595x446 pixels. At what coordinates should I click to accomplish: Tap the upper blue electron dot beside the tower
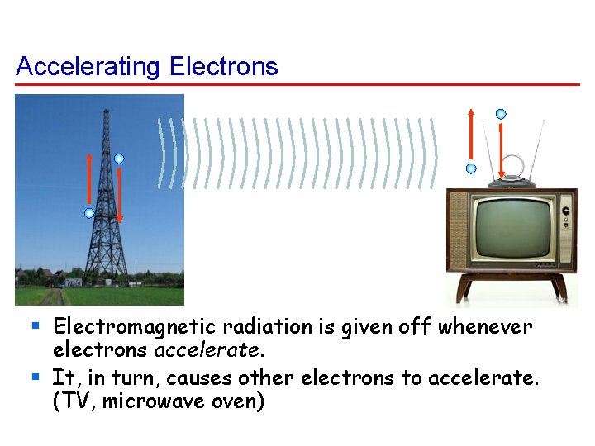pyautogui.click(x=119, y=159)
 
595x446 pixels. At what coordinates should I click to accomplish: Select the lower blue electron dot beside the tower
pyautogui.click(x=89, y=213)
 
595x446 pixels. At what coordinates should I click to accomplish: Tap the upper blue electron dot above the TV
pyautogui.click(x=501, y=114)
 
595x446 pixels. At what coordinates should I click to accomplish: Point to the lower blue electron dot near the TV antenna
pyautogui.click(x=471, y=168)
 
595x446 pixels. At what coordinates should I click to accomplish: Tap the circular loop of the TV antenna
pyautogui.click(x=512, y=164)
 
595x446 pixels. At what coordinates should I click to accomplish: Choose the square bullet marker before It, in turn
pyautogui.click(x=36, y=377)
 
